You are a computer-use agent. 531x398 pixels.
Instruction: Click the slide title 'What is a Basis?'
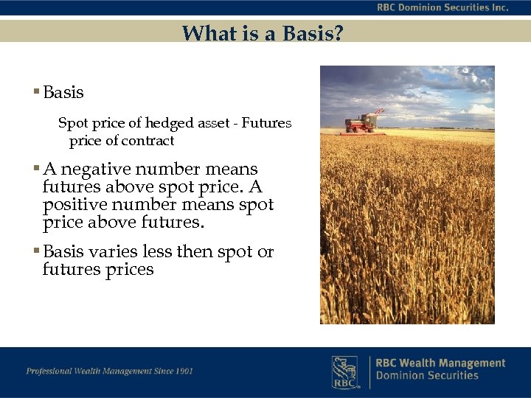[262, 33]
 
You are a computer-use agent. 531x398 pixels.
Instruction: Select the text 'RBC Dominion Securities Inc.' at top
[442, 7]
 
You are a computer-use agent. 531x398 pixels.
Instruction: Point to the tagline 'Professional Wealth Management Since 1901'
[110, 371]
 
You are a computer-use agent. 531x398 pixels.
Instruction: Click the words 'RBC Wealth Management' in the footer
[440, 363]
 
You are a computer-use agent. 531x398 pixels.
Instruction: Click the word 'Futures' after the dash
[268, 123]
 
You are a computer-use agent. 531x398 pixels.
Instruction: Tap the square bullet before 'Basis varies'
[36, 252]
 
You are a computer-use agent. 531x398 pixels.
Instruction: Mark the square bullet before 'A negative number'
[36, 170]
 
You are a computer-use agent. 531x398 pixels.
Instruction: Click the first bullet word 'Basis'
[63, 93]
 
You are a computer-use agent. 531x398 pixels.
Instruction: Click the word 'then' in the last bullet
[194, 252]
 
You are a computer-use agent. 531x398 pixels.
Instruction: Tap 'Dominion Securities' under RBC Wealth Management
[427, 376]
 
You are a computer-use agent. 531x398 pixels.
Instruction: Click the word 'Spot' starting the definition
[72, 123]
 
